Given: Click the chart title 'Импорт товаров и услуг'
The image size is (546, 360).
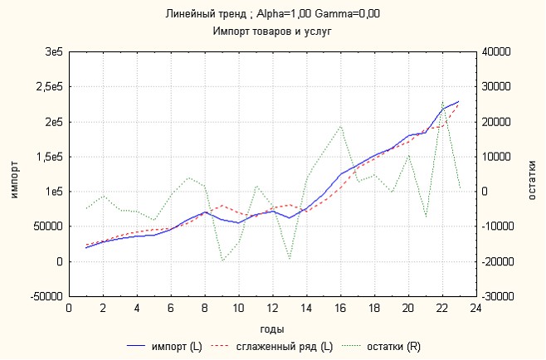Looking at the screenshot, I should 272,31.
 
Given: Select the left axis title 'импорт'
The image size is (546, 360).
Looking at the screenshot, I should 13,174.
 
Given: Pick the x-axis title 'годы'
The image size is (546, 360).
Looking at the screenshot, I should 272,328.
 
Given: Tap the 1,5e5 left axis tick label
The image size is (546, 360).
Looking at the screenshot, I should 51,157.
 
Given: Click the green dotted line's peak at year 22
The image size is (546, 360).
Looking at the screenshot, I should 442,100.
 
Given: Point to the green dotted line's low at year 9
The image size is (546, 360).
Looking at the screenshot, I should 222,260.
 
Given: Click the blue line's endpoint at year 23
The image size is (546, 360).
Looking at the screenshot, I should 459,101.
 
